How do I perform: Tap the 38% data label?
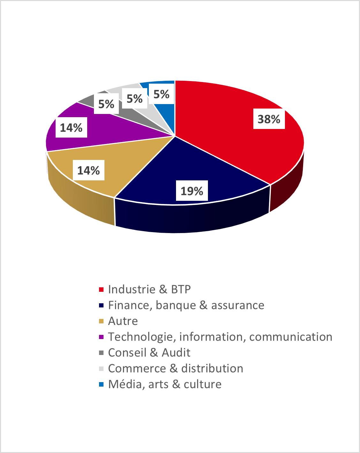coord(269,119)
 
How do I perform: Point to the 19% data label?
coord(192,191)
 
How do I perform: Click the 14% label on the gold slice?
coord(88,170)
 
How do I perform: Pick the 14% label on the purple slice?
coord(71,128)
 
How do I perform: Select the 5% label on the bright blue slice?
coord(161,94)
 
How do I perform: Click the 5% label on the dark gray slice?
coord(106,104)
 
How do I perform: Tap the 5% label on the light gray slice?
coord(134,99)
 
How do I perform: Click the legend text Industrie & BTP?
coord(149,289)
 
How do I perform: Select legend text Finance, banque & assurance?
coord(186,305)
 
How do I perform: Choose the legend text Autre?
coord(123,321)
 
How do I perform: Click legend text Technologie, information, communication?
coord(220,337)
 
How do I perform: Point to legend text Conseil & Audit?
coord(149,352)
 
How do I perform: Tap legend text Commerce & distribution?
coord(175,368)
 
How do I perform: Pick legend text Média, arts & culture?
coord(165,384)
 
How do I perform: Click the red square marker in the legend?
coord(101,290)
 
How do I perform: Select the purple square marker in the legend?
coord(101,337)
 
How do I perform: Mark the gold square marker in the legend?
coord(101,321)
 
